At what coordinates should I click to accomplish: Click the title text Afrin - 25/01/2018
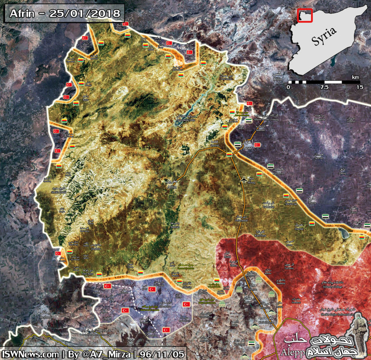pyautogui.click(x=64, y=13)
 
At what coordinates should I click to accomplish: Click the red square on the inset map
pyautogui.click(x=305, y=15)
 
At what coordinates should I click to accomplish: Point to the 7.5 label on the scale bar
pyautogui.click(x=325, y=87)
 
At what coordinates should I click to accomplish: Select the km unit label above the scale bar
pyautogui.click(x=356, y=77)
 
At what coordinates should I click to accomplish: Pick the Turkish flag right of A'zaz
pyautogui.click(x=257, y=145)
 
